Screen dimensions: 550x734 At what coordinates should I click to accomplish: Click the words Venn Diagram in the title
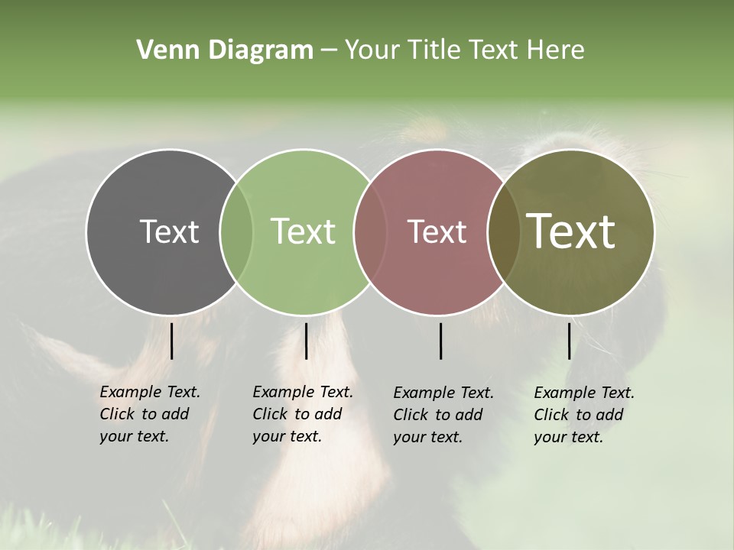(225, 50)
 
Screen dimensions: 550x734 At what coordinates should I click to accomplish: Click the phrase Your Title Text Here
(464, 50)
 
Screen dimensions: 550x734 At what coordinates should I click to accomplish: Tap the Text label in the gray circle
(169, 231)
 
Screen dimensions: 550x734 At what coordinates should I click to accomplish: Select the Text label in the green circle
(303, 231)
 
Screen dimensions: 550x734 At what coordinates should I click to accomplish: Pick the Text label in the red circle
(437, 231)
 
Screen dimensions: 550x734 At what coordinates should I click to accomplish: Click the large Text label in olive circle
(571, 231)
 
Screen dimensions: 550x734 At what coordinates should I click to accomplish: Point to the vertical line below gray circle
(171, 341)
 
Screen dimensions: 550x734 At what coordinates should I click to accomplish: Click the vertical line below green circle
(306, 341)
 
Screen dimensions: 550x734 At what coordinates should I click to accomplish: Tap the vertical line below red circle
(440, 341)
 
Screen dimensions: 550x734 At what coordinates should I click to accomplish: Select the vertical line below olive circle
(569, 341)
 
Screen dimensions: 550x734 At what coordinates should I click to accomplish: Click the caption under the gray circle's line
(149, 414)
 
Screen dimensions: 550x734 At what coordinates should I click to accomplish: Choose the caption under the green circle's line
(302, 414)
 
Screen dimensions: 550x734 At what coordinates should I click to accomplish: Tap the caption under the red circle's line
(443, 415)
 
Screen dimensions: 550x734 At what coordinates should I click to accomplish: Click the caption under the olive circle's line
(583, 415)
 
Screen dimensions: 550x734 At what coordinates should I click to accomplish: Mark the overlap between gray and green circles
(236, 231)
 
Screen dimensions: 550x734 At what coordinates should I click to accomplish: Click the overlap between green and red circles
(370, 231)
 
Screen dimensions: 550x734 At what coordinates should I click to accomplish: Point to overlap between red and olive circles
(502, 231)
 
